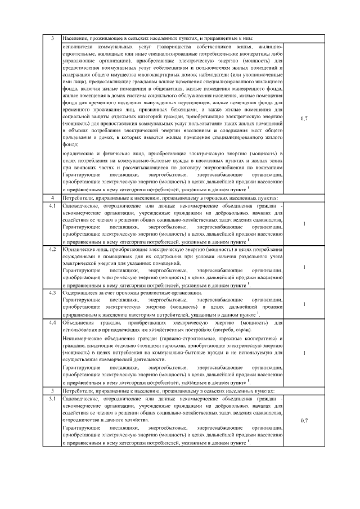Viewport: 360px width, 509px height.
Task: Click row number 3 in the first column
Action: (x=52, y=38)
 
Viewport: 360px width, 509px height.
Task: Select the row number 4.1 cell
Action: (x=52, y=206)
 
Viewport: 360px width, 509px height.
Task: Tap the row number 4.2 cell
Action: (x=52, y=248)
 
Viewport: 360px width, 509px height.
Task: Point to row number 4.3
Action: (x=52, y=293)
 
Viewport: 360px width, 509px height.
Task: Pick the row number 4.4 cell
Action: (x=52, y=323)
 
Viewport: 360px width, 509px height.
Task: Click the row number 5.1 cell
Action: (x=52, y=398)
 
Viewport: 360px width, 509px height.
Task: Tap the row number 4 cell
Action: (x=52, y=198)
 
